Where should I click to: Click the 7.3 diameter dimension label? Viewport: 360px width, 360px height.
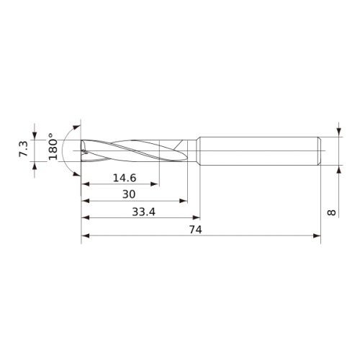24,149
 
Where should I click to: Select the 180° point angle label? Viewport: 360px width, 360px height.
53,147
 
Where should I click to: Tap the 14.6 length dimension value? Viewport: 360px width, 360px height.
125,178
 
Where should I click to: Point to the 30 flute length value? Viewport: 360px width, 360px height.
129,194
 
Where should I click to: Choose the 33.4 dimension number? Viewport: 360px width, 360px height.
143,212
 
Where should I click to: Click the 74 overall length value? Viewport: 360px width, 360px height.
196,230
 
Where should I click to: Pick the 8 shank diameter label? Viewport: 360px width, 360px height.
331,212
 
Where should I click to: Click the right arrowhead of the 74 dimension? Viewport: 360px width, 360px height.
317,235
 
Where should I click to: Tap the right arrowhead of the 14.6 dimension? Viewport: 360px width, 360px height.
154,184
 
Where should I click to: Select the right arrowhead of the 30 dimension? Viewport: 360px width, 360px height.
184,201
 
